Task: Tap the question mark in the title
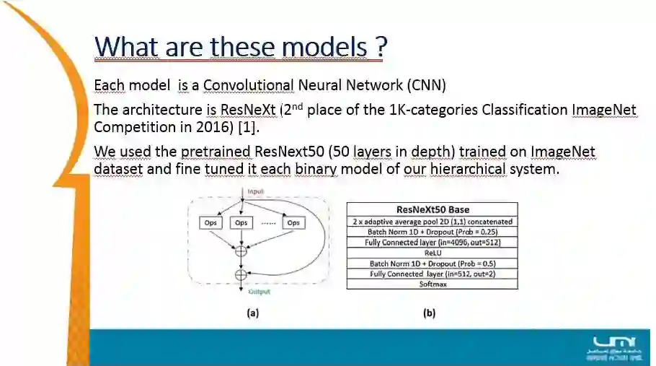[x=381, y=47]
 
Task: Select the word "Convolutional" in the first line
[x=248, y=85]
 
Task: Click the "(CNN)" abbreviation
[x=426, y=85]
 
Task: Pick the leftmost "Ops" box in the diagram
[x=210, y=223]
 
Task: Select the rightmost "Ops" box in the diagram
[x=293, y=223]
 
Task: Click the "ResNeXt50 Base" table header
[x=432, y=210]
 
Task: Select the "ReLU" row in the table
[x=432, y=253]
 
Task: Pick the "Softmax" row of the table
[x=432, y=284]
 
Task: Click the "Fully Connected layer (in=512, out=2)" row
[x=432, y=274]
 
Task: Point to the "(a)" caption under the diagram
[x=252, y=314]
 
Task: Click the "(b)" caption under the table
[x=429, y=314]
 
